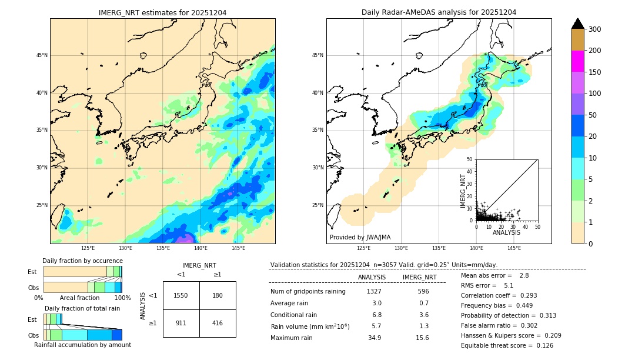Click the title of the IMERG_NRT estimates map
(x=162, y=12)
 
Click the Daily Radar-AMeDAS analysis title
(x=439, y=12)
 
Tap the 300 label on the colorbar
(x=595, y=29)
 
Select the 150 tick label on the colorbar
(x=595, y=72)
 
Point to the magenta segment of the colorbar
(x=578, y=61)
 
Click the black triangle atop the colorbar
(x=578, y=24)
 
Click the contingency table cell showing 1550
(x=181, y=295)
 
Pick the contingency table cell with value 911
(x=181, y=323)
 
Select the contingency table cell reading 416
(x=218, y=323)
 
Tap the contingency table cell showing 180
(x=218, y=295)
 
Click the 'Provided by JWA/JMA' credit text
(x=360, y=237)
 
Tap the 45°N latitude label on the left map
(x=42, y=55)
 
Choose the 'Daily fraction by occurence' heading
(x=82, y=261)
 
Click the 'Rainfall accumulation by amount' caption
(x=82, y=345)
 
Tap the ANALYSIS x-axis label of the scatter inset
(x=506, y=232)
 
